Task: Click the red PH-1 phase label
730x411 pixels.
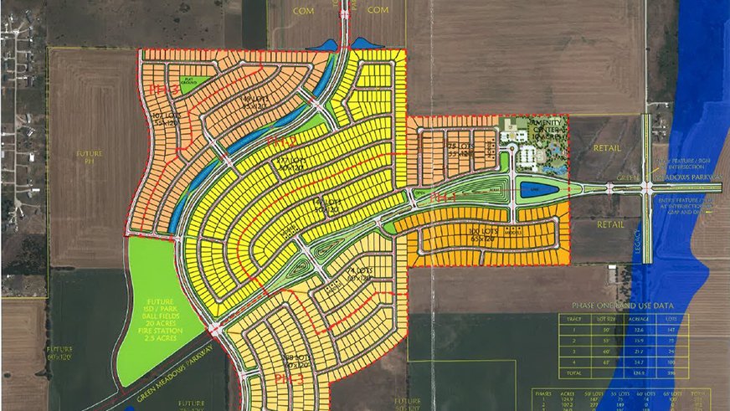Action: [442, 198]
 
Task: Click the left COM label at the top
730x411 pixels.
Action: [304, 10]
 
